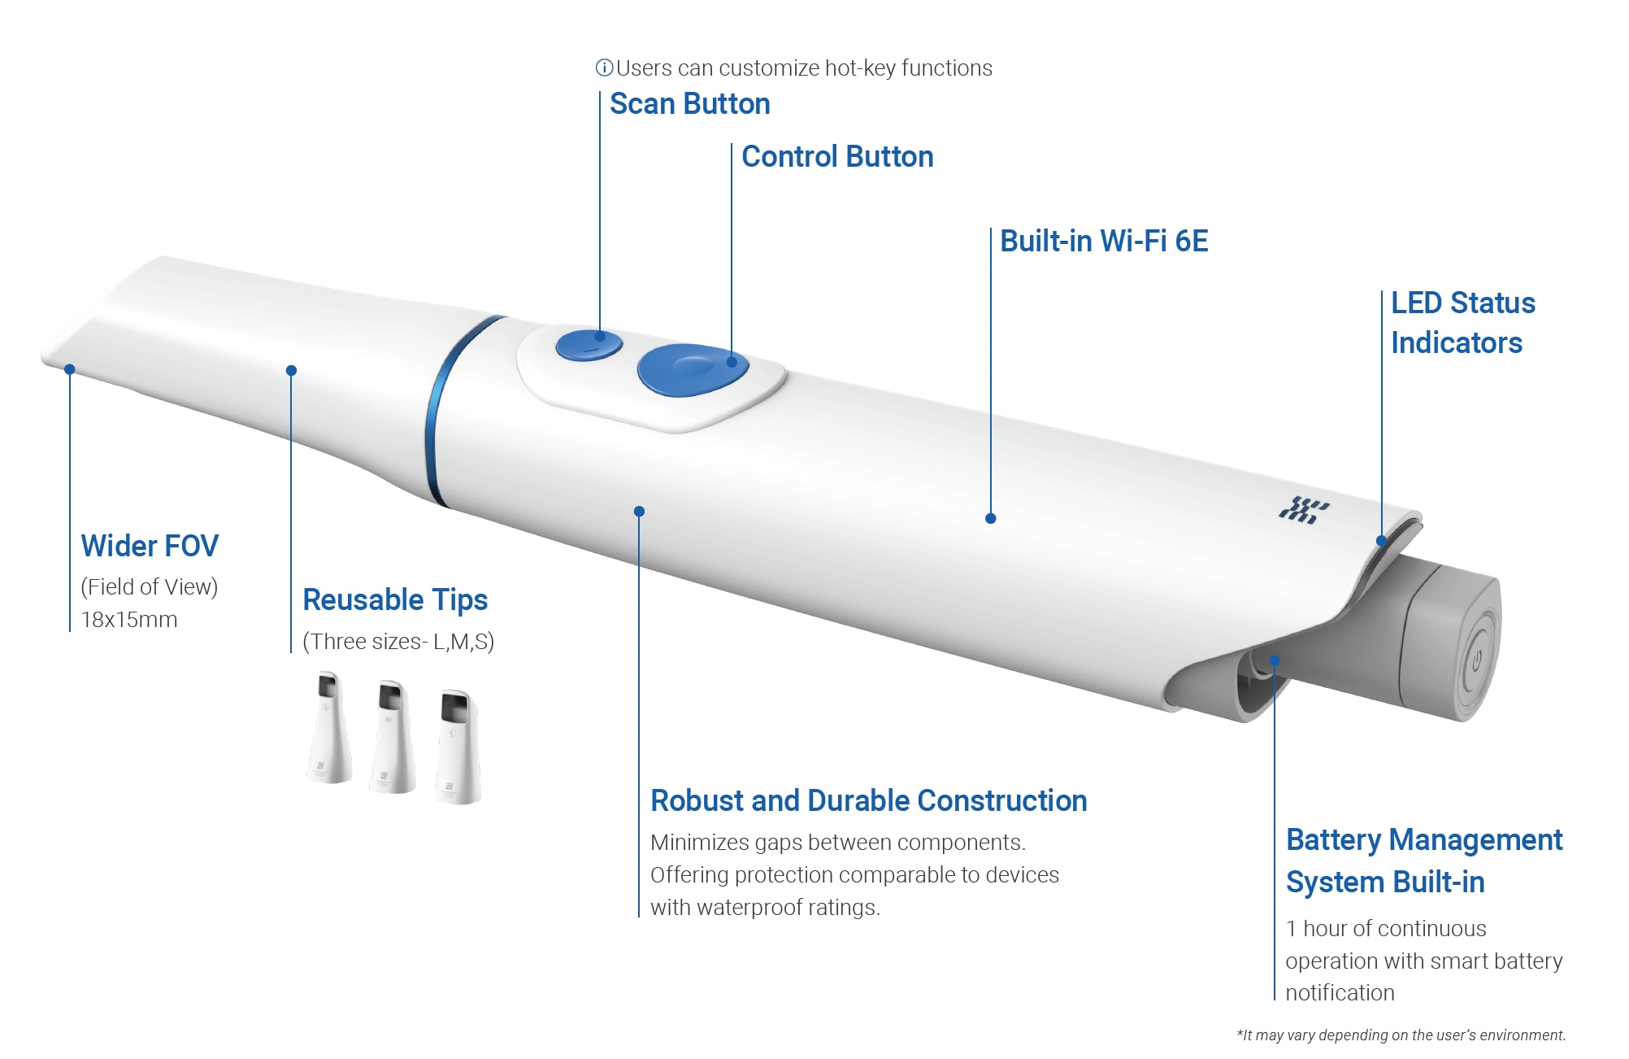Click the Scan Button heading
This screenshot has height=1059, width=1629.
pos(689,104)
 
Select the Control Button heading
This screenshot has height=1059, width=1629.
pos(837,157)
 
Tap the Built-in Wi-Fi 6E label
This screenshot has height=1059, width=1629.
pos(1103,242)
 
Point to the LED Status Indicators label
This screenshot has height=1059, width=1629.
pos(1462,323)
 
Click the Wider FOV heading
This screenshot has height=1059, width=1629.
pos(150,546)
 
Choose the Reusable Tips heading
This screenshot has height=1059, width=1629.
pos(395,600)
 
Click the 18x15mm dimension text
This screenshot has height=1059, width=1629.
pos(129,620)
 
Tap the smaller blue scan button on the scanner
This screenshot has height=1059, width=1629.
pos(589,345)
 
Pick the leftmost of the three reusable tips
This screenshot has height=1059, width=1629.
pos(329,727)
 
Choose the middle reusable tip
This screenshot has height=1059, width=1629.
pos(393,737)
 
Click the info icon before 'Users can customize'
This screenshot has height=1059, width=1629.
pos(604,68)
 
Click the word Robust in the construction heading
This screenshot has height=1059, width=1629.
pos(697,801)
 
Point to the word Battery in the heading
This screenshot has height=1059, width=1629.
pos(1333,840)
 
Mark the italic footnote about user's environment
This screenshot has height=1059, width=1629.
pos(1401,1035)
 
